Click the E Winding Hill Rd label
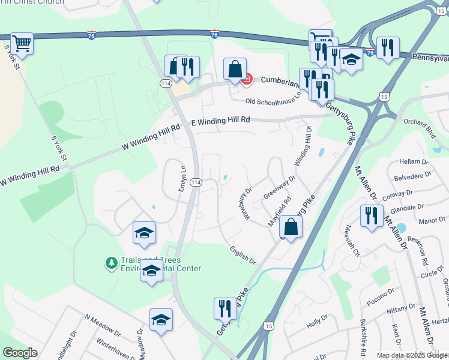220,121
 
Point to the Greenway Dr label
280,188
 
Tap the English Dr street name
243,254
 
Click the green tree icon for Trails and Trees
110,263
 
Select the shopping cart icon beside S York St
22,43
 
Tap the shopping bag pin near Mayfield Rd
291,227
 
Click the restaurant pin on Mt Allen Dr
372,214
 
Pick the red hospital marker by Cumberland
246,79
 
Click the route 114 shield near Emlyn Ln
196,182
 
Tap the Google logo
20,353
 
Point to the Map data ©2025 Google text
412,355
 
